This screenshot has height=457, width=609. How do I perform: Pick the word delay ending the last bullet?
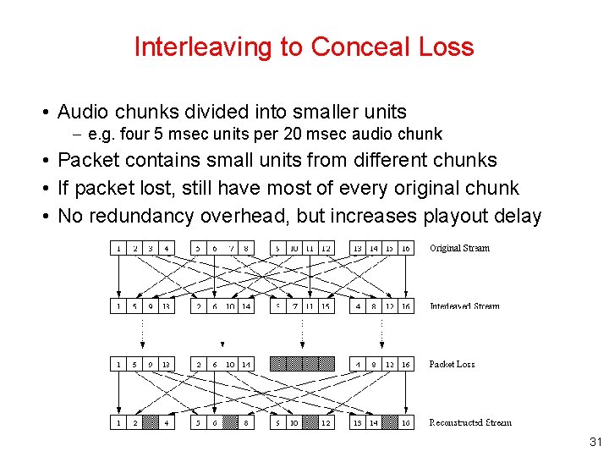(516, 216)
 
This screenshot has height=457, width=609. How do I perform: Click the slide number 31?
(594, 442)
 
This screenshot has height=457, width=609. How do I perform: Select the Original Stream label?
(459, 248)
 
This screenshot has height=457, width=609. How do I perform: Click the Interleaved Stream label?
(464, 306)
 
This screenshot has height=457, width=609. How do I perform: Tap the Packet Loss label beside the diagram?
(452, 364)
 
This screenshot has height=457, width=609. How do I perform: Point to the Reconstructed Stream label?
(470, 422)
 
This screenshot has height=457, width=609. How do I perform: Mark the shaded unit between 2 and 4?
(151, 422)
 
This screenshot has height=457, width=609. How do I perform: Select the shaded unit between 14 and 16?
(390, 422)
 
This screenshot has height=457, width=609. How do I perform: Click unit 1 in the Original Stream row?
(119, 248)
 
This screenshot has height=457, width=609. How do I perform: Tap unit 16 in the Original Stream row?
(406, 248)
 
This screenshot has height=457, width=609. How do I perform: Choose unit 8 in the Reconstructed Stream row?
(245, 422)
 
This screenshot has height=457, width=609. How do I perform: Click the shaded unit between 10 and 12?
(310, 422)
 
